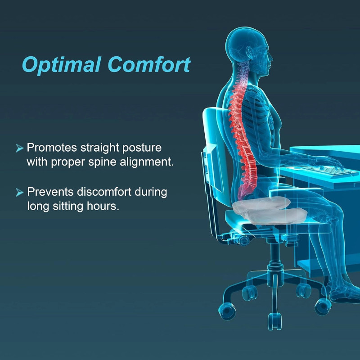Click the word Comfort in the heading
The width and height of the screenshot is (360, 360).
148,65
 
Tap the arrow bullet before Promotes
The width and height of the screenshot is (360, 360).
19,148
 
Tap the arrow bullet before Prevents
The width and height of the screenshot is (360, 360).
19,193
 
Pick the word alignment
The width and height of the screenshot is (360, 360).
145,162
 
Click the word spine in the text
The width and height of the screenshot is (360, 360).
99,162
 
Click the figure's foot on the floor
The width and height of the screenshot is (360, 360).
344,295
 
